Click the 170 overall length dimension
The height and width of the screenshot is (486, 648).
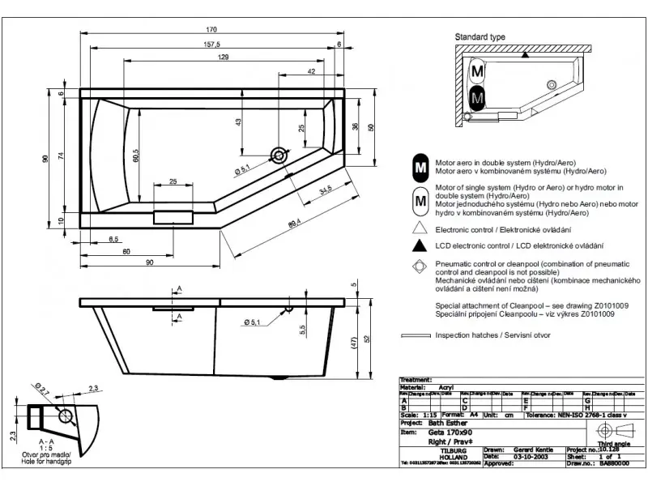[x=211, y=30]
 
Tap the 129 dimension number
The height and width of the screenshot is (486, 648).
[x=222, y=57]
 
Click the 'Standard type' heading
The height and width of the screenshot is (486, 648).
[x=480, y=37]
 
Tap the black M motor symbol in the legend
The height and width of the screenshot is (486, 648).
[x=420, y=167]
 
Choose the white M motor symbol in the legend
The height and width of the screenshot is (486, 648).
[x=420, y=198]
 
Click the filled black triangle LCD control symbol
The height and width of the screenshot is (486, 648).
[x=420, y=245]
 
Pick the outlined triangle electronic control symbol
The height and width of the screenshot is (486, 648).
[x=420, y=229]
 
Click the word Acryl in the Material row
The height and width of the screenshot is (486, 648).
[x=446, y=388]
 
